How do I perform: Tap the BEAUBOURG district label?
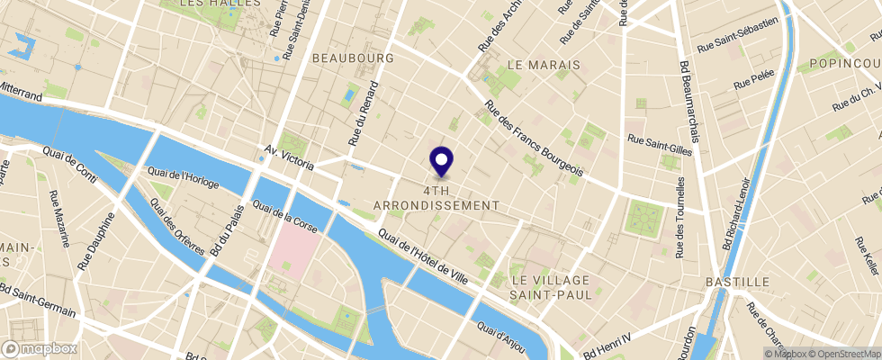tap(354, 58)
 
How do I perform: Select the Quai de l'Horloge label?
tap(183, 176)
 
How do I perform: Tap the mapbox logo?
tap(40, 348)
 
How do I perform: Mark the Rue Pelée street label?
tap(753, 84)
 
